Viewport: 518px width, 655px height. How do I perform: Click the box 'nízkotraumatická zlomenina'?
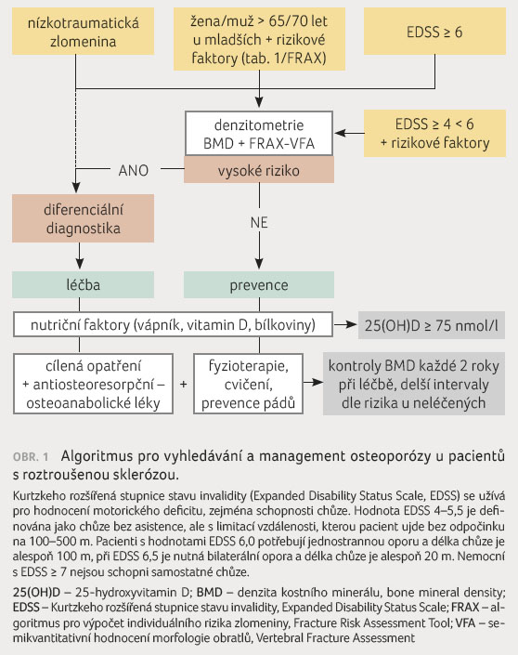tap(83, 32)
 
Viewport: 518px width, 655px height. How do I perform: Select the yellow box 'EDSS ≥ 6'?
tap(434, 32)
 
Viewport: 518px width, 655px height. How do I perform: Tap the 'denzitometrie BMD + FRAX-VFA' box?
tap(259, 134)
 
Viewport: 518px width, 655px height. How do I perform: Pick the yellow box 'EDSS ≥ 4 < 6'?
tap(434, 133)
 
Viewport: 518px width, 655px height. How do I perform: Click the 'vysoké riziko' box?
tap(259, 170)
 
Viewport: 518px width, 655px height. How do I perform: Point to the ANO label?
tap(134, 170)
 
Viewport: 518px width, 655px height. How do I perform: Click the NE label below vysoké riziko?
tap(259, 222)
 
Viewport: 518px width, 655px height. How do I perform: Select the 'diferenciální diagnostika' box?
tap(83, 218)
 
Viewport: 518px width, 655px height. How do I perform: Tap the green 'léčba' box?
tap(83, 285)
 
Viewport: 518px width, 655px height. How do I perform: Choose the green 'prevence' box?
tap(259, 285)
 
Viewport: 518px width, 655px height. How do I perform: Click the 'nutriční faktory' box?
tap(174, 324)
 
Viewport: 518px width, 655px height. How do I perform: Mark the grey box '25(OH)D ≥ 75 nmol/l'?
tap(432, 325)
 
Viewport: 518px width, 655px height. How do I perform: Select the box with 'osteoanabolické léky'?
tap(93, 384)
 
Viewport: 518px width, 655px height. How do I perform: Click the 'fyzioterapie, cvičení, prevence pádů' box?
tap(249, 384)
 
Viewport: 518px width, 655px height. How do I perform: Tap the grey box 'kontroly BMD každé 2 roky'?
tap(414, 384)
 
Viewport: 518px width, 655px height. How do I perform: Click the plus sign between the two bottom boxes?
tap(183, 384)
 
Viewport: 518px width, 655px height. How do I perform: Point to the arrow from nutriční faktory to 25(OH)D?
tap(344, 324)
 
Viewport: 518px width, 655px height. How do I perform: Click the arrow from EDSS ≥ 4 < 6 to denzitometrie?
tap(349, 133)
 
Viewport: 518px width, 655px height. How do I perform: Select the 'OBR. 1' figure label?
tap(31, 456)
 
